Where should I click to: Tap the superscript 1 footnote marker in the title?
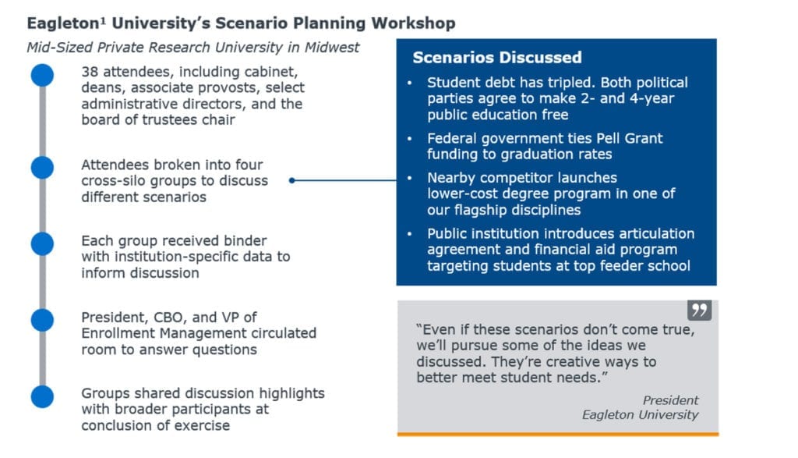[x=103, y=20]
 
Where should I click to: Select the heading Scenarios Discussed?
[x=496, y=57]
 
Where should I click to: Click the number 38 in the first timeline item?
[x=90, y=72]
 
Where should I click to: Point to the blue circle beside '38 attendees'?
[x=42, y=76]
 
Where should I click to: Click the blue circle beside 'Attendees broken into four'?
[x=42, y=168]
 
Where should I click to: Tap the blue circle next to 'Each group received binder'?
[x=42, y=243]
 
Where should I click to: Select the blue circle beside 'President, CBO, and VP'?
[x=42, y=320]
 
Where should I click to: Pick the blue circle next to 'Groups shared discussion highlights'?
[x=42, y=396]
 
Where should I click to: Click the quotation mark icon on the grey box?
[x=699, y=310]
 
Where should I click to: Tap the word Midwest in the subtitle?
[x=332, y=48]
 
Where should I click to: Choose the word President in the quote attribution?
[x=670, y=400]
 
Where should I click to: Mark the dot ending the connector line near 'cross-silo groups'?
[x=291, y=180]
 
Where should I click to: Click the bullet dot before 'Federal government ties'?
[x=410, y=138]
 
